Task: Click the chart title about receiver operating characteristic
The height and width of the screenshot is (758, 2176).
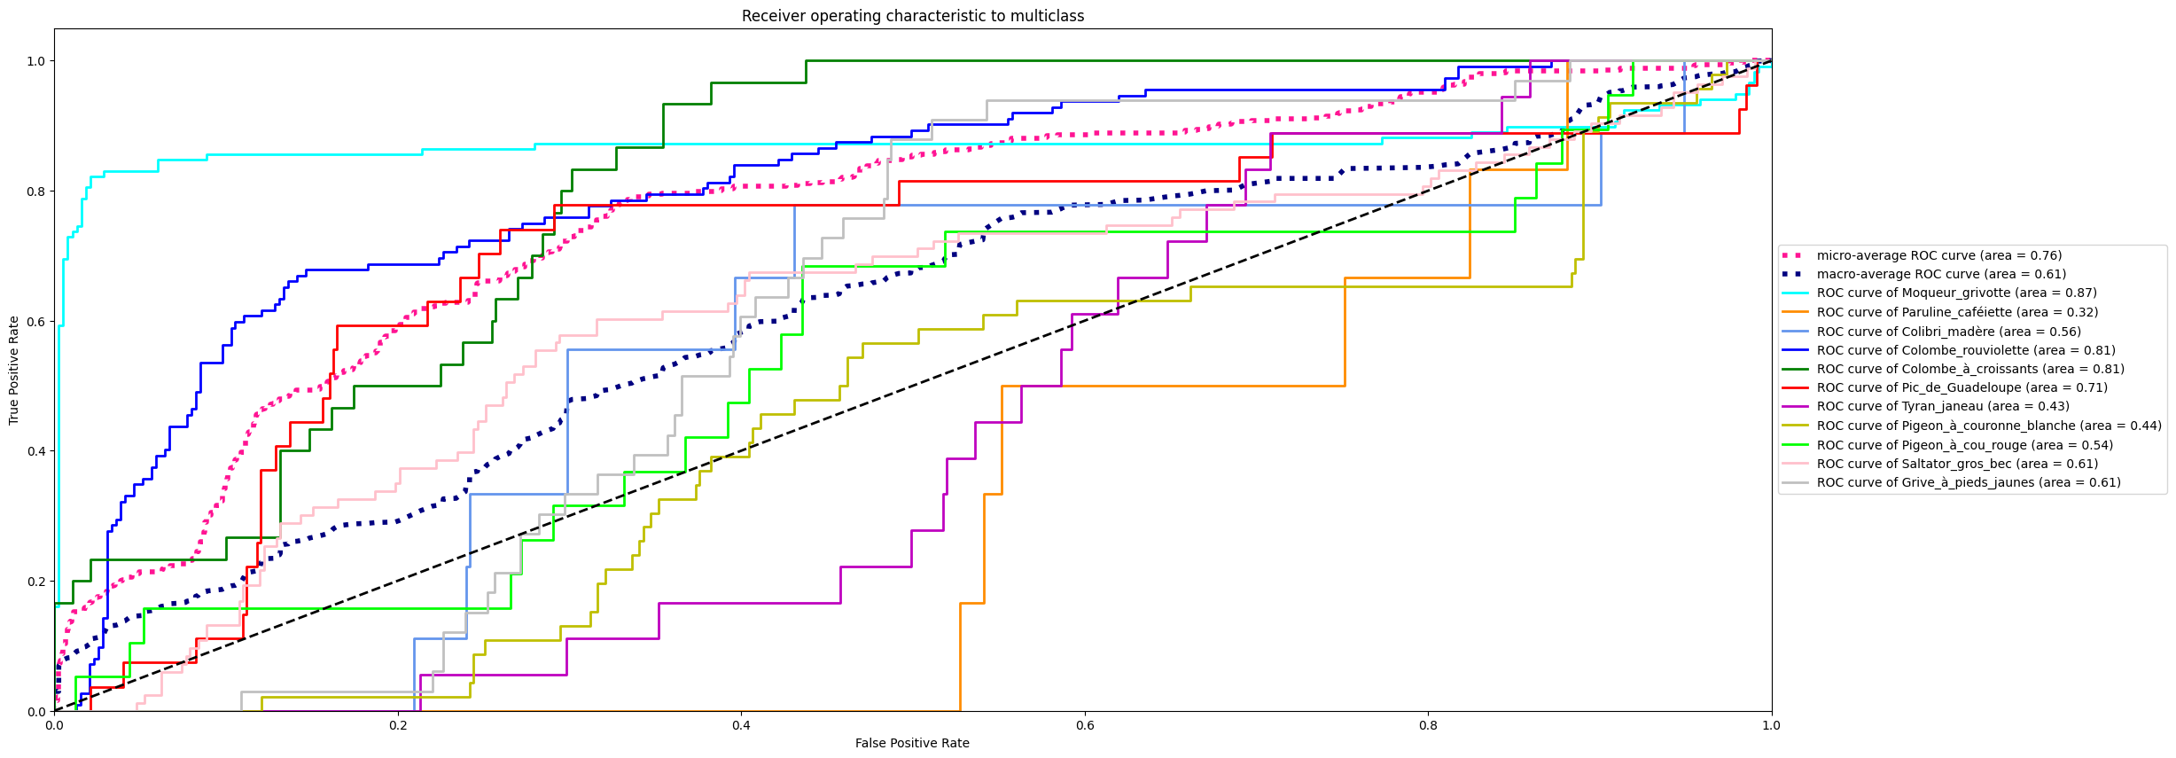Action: tap(912, 16)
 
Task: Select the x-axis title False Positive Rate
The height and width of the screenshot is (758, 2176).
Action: tap(912, 743)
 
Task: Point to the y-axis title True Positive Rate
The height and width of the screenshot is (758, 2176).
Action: tap(13, 370)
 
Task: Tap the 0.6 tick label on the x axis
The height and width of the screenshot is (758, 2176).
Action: tap(1084, 725)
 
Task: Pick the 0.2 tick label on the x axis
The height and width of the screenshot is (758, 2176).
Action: tap(398, 725)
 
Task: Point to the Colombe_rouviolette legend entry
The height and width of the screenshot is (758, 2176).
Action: tap(1965, 350)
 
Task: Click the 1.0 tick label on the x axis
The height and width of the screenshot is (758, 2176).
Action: tap(1771, 725)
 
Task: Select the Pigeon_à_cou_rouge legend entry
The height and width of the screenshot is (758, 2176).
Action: tap(1964, 445)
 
